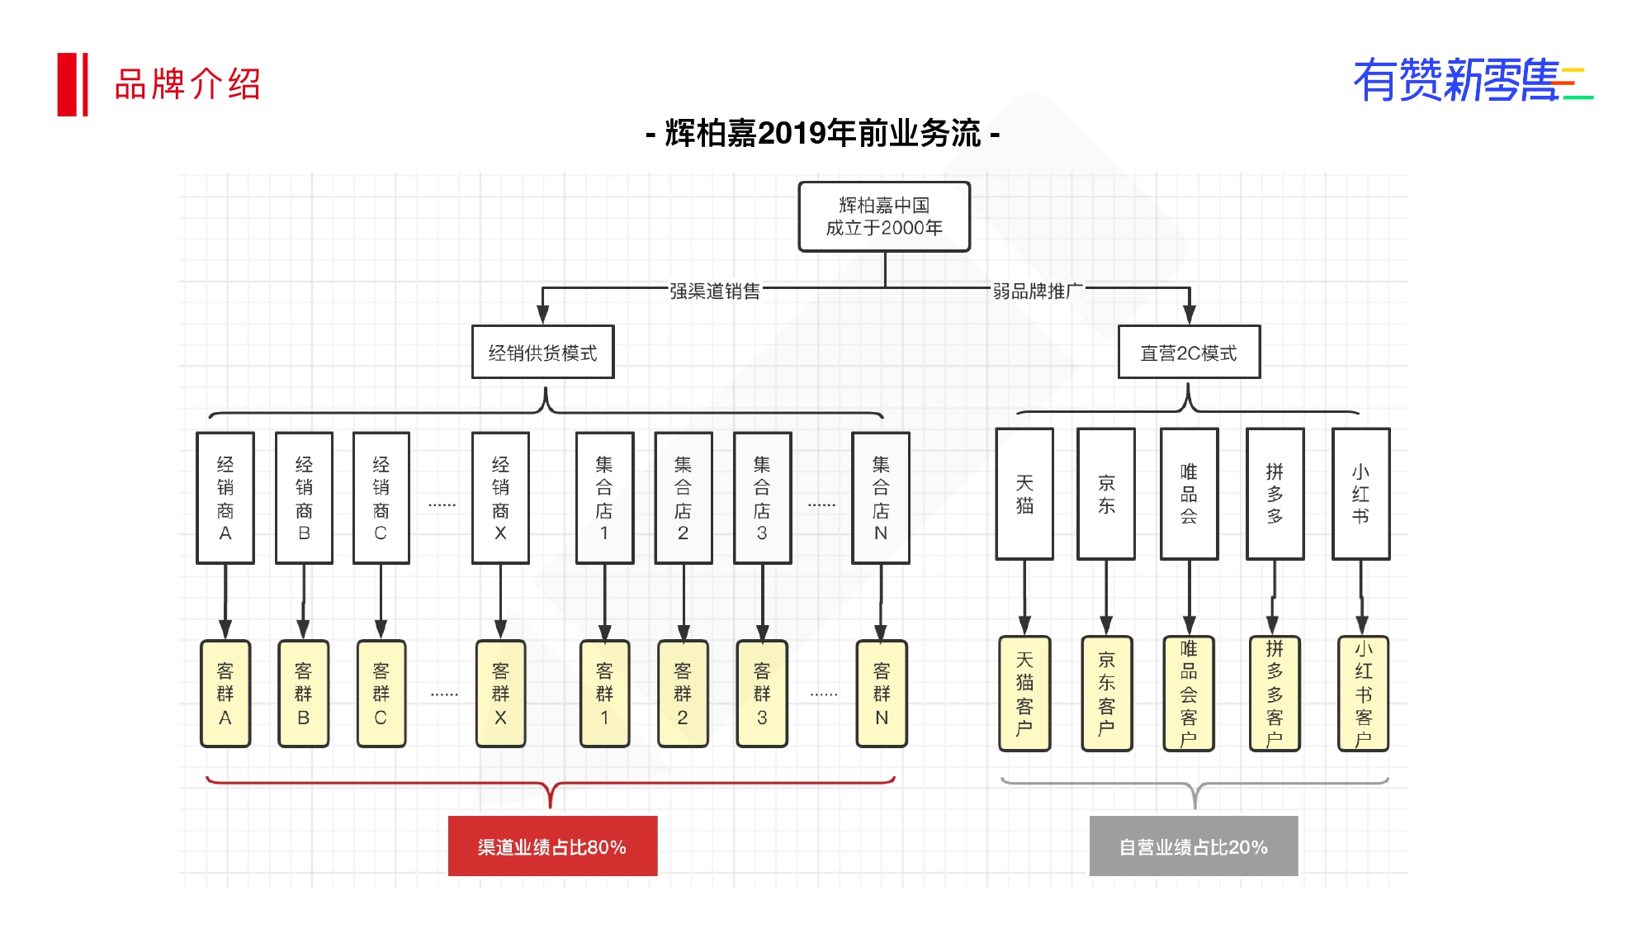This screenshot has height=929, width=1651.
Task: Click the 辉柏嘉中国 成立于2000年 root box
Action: coord(884,216)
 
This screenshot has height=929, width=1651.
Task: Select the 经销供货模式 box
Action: coord(542,353)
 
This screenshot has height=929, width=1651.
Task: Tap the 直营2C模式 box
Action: coord(1189,353)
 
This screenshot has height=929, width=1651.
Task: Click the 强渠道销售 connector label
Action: coord(715,291)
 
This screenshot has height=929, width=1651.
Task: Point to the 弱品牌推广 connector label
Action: coord(1038,291)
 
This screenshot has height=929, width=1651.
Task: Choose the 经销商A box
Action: coord(225,498)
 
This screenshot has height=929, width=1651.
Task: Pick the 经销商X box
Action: coord(500,498)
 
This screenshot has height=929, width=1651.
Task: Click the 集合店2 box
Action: coord(683,498)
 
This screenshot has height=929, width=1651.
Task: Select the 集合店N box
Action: coord(881,498)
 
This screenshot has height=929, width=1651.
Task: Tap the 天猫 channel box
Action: coord(1024,494)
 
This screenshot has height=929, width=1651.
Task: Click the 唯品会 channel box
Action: coord(1189,494)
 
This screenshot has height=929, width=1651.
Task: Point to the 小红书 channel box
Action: coord(1360,494)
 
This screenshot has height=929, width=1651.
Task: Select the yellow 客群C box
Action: coord(381,694)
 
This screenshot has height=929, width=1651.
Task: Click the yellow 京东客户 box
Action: coord(1106,694)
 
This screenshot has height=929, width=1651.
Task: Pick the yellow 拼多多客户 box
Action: coord(1275,694)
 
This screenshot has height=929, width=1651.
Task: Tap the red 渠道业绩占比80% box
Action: coord(552,846)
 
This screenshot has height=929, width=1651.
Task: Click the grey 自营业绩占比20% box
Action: coord(1194,846)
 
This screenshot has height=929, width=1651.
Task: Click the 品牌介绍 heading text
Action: coord(187,84)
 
